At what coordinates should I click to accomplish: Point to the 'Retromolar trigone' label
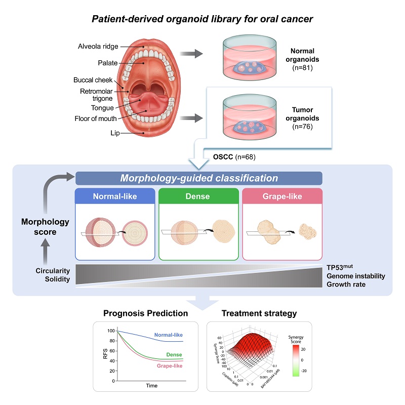click(98, 95)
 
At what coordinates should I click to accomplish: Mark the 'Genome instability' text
click(355, 276)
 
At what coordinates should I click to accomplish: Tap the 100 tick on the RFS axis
click(111, 331)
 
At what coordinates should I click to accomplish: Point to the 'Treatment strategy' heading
click(259, 313)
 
